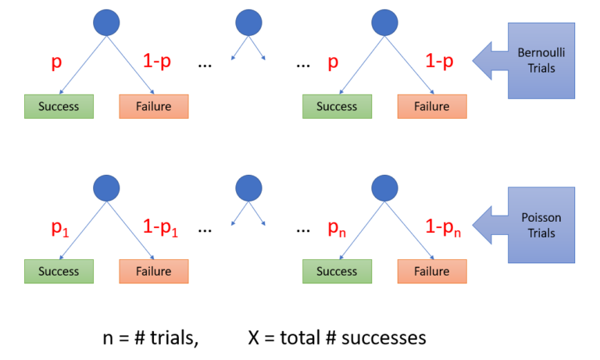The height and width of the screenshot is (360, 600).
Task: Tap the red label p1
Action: [60, 227]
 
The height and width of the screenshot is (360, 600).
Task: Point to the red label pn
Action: [338, 227]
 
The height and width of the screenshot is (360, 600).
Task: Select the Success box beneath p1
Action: [59, 271]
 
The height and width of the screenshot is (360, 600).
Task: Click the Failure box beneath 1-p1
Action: [154, 271]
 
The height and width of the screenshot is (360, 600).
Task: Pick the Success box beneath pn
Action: [337, 271]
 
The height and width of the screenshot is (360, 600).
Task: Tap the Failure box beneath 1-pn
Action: [432, 271]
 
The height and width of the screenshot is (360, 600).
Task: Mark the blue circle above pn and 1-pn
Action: [384, 187]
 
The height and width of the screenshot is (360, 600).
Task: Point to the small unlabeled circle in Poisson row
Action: [248, 187]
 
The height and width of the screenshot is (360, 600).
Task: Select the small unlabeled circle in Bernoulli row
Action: [248, 23]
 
